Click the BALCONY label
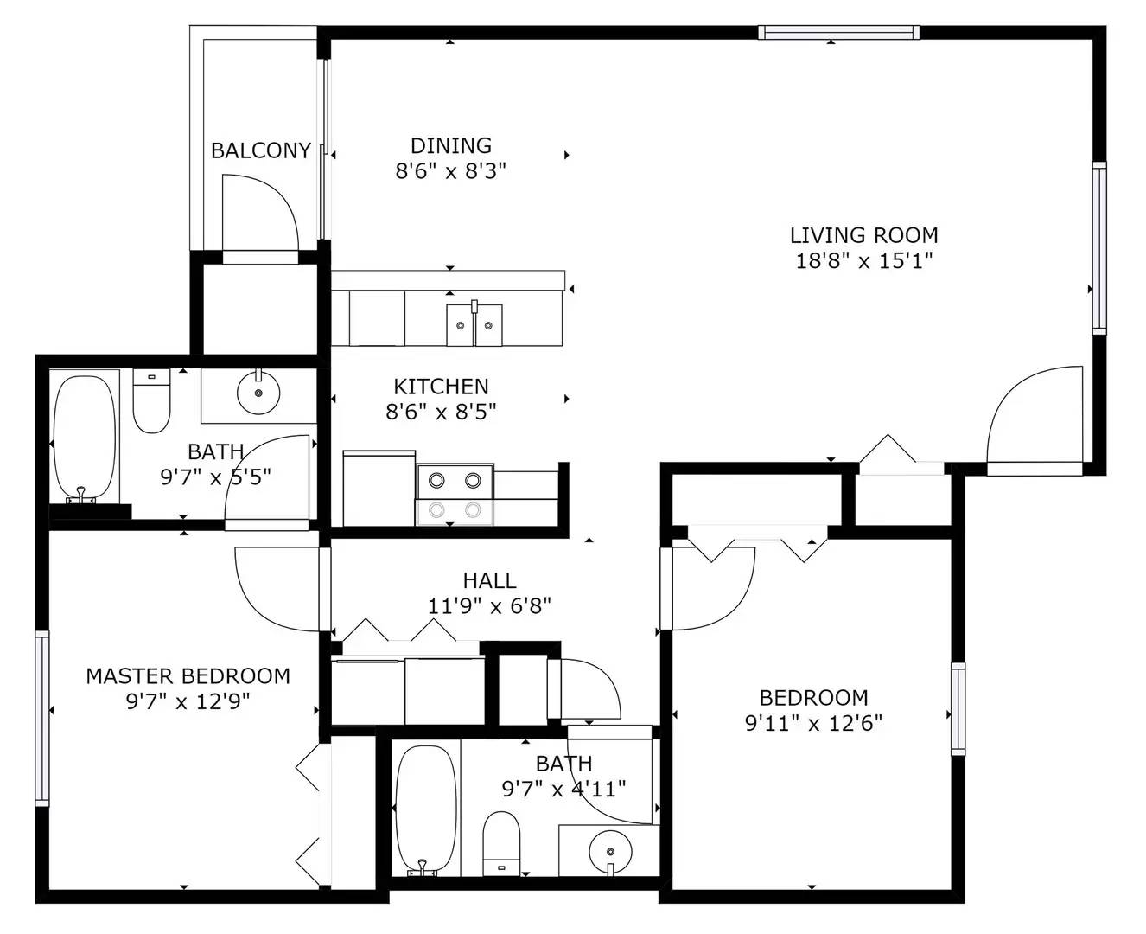click(260, 150)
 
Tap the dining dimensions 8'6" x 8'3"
click(450, 171)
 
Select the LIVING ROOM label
click(863, 235)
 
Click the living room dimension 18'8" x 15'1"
click(863, 260)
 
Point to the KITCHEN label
click(441, 387)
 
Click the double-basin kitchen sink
click(474, 324)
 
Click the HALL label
click(489, 580)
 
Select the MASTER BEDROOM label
click(188, 676)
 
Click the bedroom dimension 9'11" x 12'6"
click(813, 723)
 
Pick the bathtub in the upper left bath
click(84, 437)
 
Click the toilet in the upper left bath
click(152, 402)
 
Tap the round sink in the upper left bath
click(258, 394)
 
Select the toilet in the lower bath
click(500, 843)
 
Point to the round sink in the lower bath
click(609, 851)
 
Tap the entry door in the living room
click(1034, 419)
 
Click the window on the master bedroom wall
click(41, 718)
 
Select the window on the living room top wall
click(837, 33)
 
